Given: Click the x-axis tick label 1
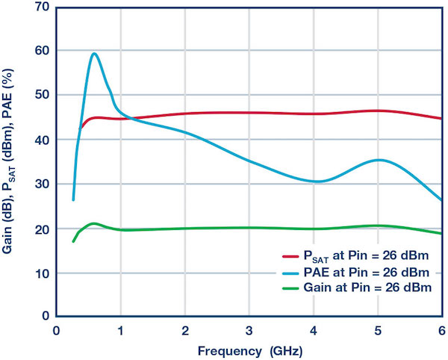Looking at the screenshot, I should pos(120,330).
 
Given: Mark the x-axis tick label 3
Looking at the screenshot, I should pos(249,330).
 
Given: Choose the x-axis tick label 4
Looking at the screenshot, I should pos(314,330).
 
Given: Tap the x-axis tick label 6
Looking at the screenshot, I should pos(441,330).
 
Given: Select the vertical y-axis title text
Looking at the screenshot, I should pos(16,161).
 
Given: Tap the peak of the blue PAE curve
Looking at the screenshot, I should pos(94,54).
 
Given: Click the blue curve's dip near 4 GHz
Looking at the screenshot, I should pos(317,181).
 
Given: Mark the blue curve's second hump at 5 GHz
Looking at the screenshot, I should pos(380,160).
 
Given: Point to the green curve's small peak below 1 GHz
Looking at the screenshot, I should pos(93,223).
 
